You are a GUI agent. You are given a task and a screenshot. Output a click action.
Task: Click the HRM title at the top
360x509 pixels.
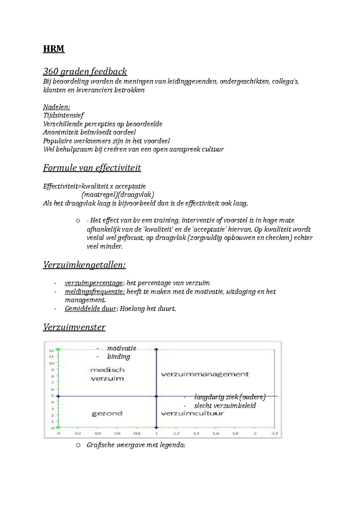[54, 49]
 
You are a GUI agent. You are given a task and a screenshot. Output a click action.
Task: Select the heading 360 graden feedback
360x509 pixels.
[85, 72]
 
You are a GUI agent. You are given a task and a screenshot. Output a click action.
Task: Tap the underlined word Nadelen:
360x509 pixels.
[56, 107]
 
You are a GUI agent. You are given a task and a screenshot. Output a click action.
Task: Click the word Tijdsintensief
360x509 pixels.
[63, 115]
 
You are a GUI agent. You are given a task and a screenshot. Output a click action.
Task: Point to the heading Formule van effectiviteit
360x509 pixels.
[92, 168]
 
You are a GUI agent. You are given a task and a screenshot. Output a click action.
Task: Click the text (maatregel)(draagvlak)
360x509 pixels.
[118, 195]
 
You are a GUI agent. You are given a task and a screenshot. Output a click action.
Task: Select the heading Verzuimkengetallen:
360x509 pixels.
[84, 265]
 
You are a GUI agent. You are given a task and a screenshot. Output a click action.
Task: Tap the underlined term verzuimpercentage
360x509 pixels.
[94, 283]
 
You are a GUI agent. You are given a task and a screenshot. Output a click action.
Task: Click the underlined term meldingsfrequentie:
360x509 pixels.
[94, 292]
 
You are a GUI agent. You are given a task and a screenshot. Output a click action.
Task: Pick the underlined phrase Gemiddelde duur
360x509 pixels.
[90, 309]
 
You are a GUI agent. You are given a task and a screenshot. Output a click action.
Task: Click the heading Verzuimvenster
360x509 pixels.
[74, 327]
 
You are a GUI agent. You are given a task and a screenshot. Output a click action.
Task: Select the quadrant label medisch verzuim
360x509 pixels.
[107, 374]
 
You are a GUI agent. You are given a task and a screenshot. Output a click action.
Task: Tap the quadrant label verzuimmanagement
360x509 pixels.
[205, 374]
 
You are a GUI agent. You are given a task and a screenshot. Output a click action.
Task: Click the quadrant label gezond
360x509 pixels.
[107, 413]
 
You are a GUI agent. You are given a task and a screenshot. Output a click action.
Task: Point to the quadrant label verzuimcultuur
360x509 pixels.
[192, 413]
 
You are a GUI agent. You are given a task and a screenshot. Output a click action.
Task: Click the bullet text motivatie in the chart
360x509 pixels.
[121, 348]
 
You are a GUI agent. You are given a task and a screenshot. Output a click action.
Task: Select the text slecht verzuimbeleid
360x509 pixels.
[225, 406]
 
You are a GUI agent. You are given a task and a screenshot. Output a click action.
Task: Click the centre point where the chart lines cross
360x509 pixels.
[156, 396]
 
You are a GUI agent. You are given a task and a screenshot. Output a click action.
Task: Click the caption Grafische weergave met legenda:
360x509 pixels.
[136, 445]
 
